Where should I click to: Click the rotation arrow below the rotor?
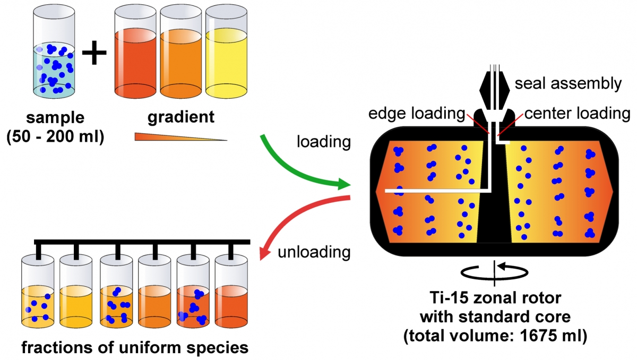point(494,271)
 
